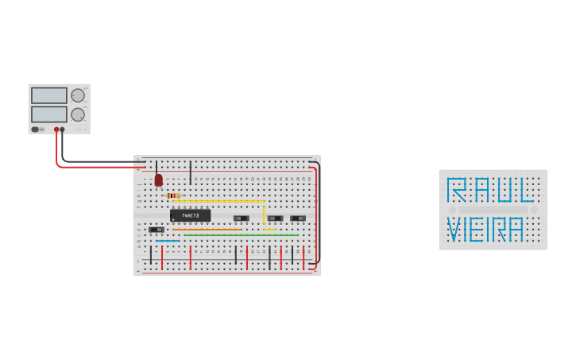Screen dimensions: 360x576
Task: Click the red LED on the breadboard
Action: pyautogui.click(x=158, y=181)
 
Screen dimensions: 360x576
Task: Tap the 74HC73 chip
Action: pyautogui.click(x=191, y=215)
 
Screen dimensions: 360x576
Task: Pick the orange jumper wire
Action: pyautogui.click(x=207, y=230)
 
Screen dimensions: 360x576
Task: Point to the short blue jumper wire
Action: pyautogui.click(x=168, y=240)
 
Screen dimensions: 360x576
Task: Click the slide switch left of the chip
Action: pyautogui.click(x=157, y=230)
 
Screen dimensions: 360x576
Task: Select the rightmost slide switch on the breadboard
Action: pyautogui.click(x=298, y=219)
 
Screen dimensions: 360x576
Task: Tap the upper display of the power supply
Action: pyautogui.click(x=49, y=95)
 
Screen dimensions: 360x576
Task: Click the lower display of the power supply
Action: pyautogui.click(x=49, y=114)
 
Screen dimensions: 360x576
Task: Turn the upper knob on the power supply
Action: pyautogui.click(x=78, y=95)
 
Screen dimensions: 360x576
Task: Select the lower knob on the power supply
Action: pyautogui.click(x=78, y=114)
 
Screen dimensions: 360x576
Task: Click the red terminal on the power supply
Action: pyautogui.click(x=56, y=129)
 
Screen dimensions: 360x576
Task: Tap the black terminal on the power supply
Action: pyautogui.click(x=63, y=129)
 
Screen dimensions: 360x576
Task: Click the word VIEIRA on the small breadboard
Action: pyautogui.click(x=485, y=230)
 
